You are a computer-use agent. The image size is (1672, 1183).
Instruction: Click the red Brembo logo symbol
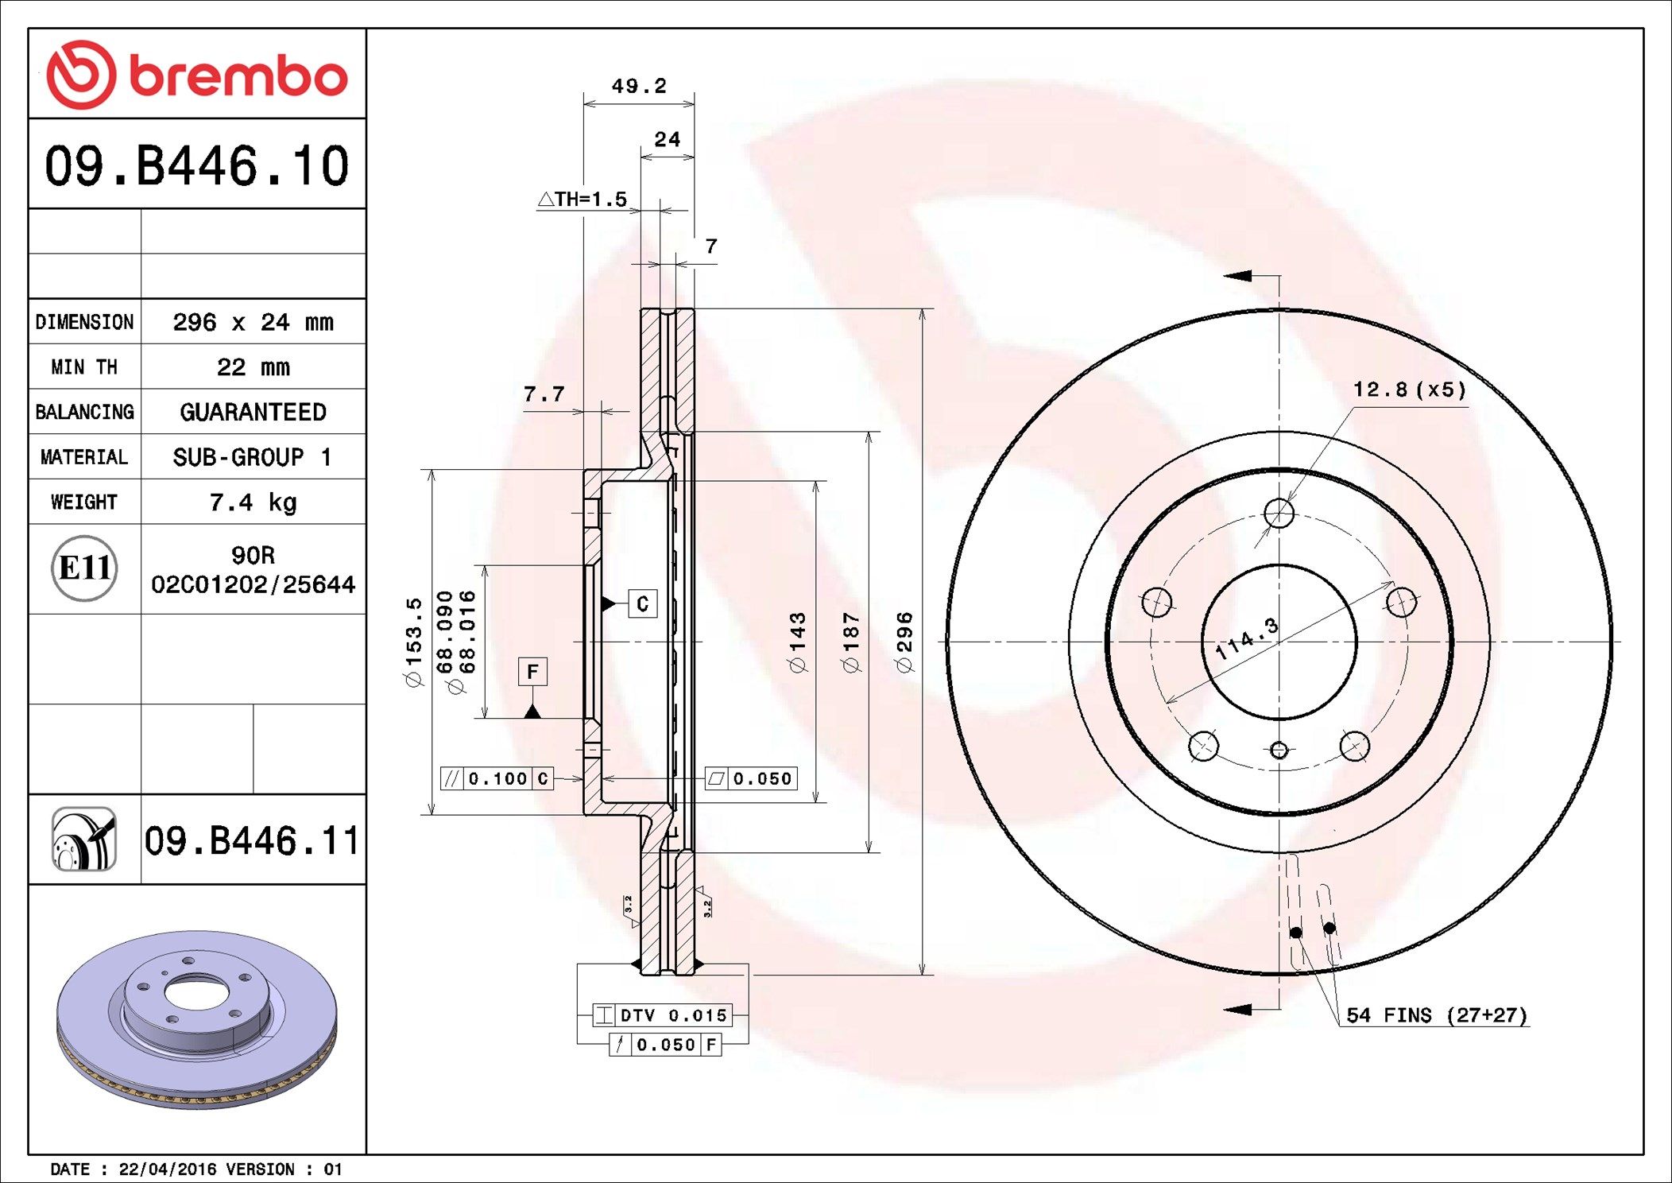[81, 75]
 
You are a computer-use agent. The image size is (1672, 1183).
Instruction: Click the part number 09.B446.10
[196, 165]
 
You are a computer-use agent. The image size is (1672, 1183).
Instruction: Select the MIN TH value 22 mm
[253, 367]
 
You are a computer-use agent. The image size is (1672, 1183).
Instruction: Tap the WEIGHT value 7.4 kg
[253, 502]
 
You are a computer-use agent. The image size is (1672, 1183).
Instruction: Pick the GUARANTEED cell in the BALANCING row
[253, 412]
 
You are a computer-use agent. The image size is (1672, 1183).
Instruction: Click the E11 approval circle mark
[84, 568]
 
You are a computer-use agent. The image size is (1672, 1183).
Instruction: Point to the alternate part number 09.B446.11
[252, 840]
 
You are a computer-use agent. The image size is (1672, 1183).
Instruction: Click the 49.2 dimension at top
[639, 85]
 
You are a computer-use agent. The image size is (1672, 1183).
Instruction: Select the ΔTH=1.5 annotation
[582, 199]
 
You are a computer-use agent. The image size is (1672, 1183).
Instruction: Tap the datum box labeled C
[642, 603]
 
